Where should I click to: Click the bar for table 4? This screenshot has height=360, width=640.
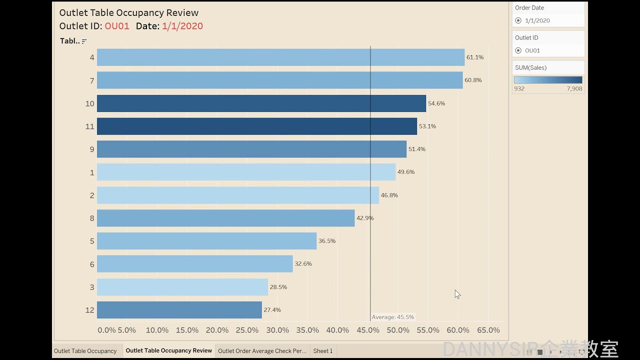280,57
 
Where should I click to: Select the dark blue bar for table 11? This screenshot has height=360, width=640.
256,126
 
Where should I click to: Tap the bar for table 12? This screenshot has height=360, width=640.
179,310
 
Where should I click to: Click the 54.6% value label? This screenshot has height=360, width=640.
436,103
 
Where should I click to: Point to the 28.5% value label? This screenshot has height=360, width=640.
278,287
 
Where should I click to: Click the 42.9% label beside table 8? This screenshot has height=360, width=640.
364,218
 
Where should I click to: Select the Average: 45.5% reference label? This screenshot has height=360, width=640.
392,317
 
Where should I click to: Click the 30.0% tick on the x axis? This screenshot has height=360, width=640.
277,330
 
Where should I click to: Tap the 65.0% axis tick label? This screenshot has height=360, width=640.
488,330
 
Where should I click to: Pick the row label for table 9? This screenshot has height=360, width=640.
91,149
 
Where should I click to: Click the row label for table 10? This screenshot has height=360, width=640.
89,104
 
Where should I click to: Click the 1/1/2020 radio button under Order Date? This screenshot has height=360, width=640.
518,20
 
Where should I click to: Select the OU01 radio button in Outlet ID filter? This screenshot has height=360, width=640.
518,50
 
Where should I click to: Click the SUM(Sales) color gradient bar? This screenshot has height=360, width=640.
548,79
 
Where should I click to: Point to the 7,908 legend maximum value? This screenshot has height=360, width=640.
574,88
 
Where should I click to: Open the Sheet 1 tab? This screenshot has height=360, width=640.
322,351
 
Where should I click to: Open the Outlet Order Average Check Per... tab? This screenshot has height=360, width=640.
262,351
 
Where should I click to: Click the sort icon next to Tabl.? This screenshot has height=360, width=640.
84,41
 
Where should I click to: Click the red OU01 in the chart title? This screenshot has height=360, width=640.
117,26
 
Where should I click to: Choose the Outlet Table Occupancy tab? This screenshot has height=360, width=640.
85,351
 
